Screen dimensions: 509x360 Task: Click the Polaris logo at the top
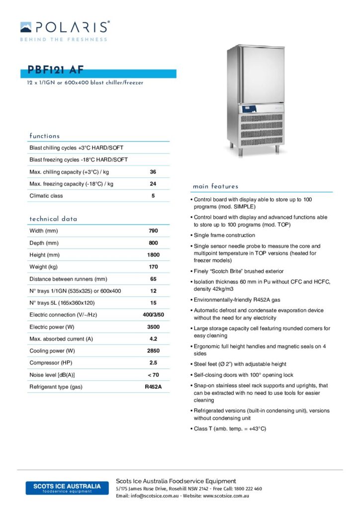pos(65,30)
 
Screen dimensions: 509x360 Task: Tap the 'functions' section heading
pos(45,136)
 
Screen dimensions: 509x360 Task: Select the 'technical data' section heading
pos(53,219)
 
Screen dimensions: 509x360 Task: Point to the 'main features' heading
pos(215,186)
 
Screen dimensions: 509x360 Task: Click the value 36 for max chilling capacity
pos(153,172)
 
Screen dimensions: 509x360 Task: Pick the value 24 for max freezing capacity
pos(153,184)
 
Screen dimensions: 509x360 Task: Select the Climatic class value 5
pos(153,196)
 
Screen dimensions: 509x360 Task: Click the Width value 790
pos(153,231)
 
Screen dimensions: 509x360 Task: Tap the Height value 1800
pos(153,255)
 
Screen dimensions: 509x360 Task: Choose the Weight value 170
pos(153,267)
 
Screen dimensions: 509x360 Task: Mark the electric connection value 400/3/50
pos(153,315)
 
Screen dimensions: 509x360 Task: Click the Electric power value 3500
pos(153,327)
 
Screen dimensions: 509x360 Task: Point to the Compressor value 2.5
pos(153,363)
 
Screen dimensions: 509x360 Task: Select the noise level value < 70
pos(153,375)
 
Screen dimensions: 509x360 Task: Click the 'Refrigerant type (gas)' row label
pos(56,387)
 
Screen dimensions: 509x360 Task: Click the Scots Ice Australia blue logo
pos(67,488)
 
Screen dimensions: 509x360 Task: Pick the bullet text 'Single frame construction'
pos(224,235)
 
